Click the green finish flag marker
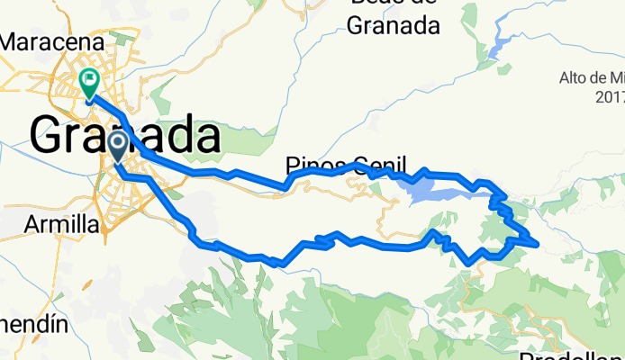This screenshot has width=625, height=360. click(90, 82)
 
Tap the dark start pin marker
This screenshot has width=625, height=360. click(117, 144)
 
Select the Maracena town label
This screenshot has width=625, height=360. click(55, 41)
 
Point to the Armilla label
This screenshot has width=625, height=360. click(62, 223)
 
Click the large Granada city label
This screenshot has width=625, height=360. click(125, 137)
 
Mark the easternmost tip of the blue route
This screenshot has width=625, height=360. click(538, 242)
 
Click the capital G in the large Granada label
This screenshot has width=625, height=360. click(50, 137)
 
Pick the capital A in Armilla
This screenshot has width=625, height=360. click(33, 223)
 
